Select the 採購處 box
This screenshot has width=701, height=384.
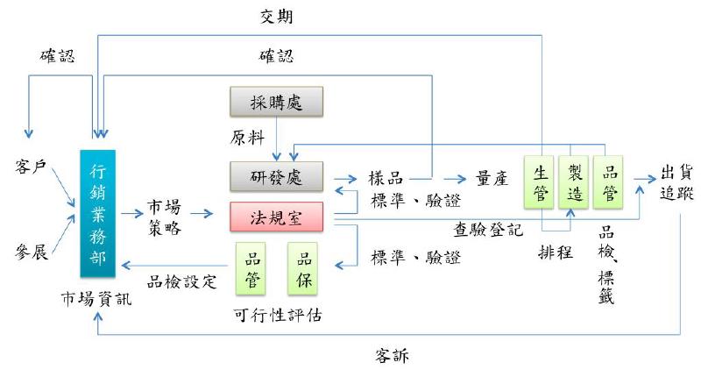click(277, 103)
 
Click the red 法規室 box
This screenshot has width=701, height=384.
click(277, 217)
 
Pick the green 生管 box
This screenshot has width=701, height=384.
click(541, 182)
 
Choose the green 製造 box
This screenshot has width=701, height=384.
click(575, 182)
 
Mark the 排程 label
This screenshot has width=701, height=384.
click(555, 252)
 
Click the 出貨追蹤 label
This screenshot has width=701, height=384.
click(679, 182)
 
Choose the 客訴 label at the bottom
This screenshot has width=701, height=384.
click(392, 355)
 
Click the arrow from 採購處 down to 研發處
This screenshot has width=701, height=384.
click(277, 139)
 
